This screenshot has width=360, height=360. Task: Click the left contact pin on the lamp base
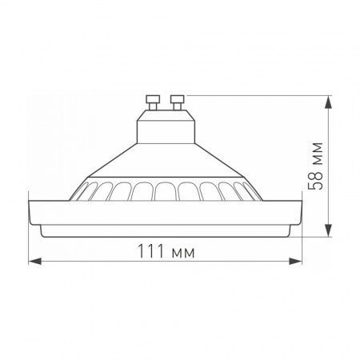pos(151,101)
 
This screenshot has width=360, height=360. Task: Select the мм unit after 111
pos(183,253)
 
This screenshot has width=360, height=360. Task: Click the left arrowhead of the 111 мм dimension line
pos(31,261)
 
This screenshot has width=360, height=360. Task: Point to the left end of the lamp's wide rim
pos(32,212)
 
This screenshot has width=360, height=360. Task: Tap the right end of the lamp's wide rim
pos(299,212)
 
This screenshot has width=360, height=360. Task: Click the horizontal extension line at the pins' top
pos(256,95)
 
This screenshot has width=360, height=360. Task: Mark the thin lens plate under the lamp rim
pos(166,230)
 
